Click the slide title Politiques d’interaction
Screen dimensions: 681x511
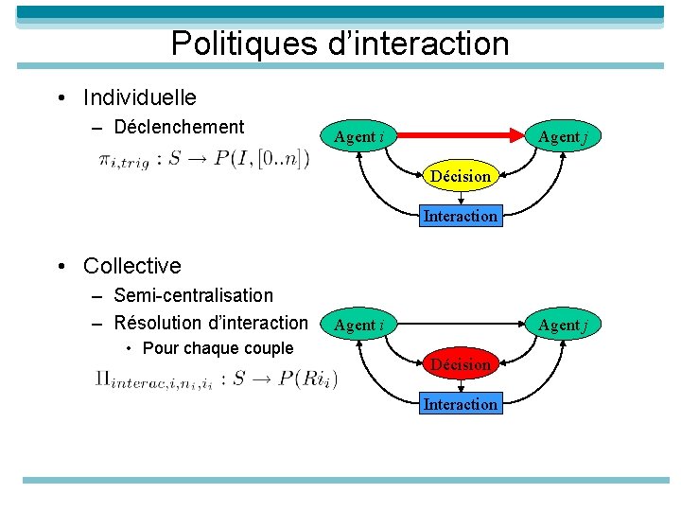coord(340,44)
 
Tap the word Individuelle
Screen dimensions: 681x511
coord(139,97)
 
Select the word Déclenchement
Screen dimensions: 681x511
coord(178,127)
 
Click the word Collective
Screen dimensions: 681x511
coord(131,266)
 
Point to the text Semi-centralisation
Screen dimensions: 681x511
coord(193,295)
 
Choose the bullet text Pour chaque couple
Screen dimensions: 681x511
coord(218,348)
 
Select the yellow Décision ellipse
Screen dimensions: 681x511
coord(461,176)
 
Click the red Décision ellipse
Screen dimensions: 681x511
coord(461,364)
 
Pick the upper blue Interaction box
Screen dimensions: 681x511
coord(460,216)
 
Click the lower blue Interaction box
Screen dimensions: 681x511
coord(460,404)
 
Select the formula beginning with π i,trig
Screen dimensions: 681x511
coord(202,160)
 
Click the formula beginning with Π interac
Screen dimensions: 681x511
coord(216,380)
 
